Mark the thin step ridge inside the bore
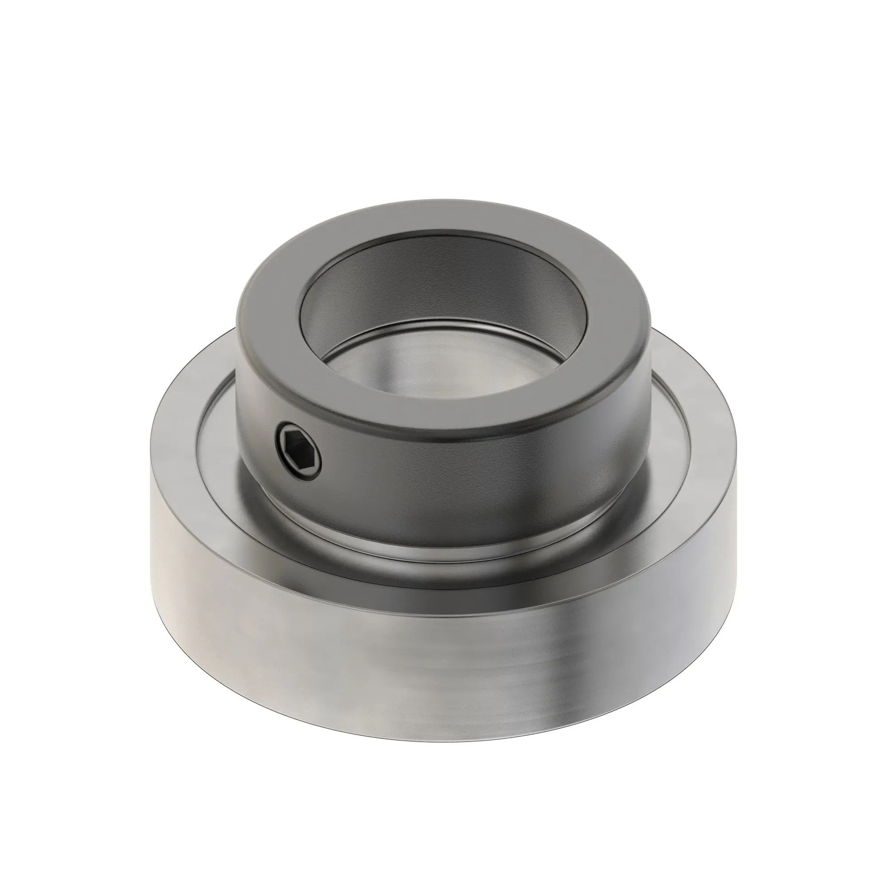coord(441,320)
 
